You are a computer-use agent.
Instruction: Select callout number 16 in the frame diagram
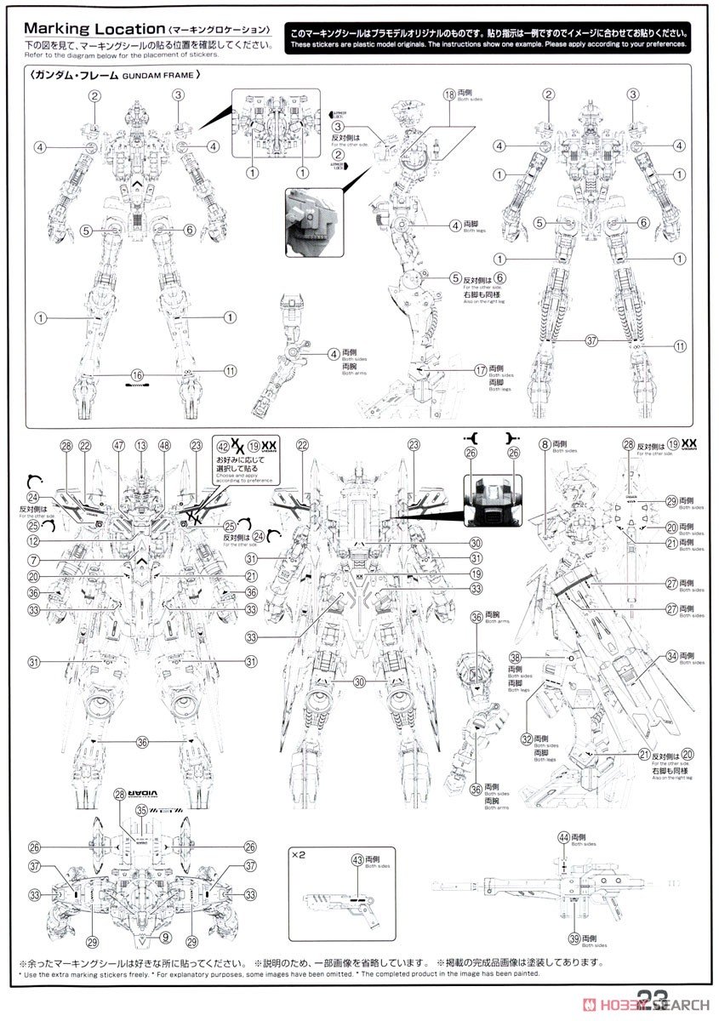pyautogui.click(x=137, y=375)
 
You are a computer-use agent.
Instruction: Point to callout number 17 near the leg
pyautogui.click(x=481, y=370)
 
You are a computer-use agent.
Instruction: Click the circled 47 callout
pyautogui.click(x=118, y=446)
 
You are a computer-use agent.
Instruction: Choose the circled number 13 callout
pyautogui.click(x=140, y=446)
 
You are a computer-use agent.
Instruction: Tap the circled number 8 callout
pyautogui.click(x=545, y=445)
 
